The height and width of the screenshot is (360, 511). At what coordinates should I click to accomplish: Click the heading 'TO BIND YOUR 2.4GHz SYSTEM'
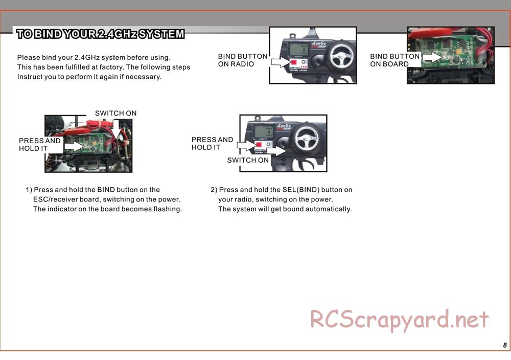[100, 34]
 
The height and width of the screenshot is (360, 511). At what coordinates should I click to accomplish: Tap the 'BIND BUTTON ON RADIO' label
[243, 60]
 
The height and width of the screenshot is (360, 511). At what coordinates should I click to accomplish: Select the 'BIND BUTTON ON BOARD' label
[394, 60]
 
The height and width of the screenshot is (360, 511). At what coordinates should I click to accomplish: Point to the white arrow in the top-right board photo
[432, 57]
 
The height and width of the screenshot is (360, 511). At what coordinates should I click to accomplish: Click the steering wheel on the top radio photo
[340, 56]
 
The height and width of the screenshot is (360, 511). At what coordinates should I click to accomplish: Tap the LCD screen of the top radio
[298, 49]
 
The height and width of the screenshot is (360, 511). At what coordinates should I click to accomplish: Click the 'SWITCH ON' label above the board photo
[115, 113]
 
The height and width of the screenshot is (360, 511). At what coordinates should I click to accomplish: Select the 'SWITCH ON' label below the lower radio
[248, 160]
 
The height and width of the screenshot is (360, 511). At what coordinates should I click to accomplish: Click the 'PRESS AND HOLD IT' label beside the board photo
[40, 144]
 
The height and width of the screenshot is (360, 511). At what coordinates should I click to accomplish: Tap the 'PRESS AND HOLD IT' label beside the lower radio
[212, 144]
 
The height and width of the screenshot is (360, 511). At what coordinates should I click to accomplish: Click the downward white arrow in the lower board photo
[116, 129]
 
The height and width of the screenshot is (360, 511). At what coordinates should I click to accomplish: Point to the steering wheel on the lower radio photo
[306, 139]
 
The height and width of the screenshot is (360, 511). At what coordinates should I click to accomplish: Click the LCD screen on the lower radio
[264, 131]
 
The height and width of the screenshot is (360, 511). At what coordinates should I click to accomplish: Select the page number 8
[505, 345]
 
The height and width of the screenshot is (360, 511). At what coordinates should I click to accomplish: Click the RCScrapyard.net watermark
[399, 320]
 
